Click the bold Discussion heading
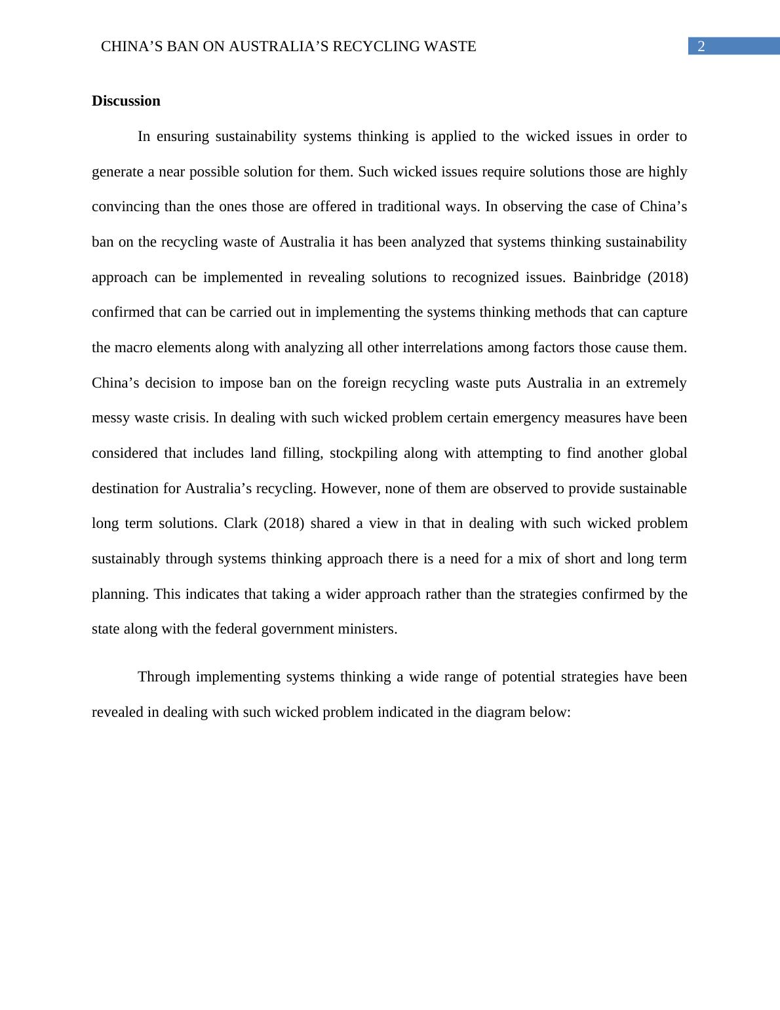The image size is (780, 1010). click(x=126, y=101)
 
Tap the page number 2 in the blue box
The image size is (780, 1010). click(x=701, y=47)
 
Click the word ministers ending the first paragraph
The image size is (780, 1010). click(x=367, y=629)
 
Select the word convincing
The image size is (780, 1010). click(x=126, y=207)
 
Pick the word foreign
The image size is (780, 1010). click(x=364, y=383)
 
